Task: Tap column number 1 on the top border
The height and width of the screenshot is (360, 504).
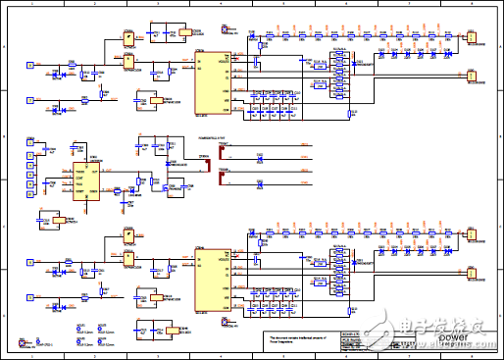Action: tap(33, 5)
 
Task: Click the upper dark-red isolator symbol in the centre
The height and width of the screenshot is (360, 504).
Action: tap(208, 150)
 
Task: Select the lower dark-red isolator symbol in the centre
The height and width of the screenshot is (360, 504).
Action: tap(208, 178)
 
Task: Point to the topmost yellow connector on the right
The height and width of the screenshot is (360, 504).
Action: tap(471, 41)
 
